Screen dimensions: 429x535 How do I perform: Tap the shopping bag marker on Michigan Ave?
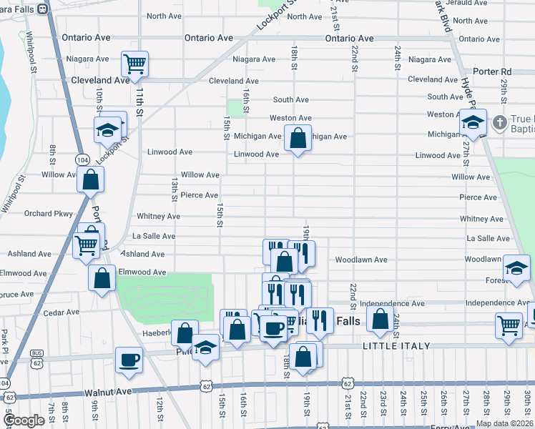click(x=298, y=137)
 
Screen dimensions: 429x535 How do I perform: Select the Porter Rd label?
click(x=496, y=71)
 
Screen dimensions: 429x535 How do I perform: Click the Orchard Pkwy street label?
click(x=48, y=213)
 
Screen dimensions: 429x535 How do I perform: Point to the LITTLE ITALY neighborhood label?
click(x=397, y=346)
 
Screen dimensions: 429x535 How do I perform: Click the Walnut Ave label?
click(x=109, y=392)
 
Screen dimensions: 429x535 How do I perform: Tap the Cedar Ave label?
click(x=61, y=312)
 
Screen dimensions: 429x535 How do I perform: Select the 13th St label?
click(x=174, y=190)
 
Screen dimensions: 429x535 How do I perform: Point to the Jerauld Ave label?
click(x=470, y=4)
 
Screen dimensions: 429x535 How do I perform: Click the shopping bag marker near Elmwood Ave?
click(x=102, y=277)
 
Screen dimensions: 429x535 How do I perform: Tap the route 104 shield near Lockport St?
click(x=84, y=159)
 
